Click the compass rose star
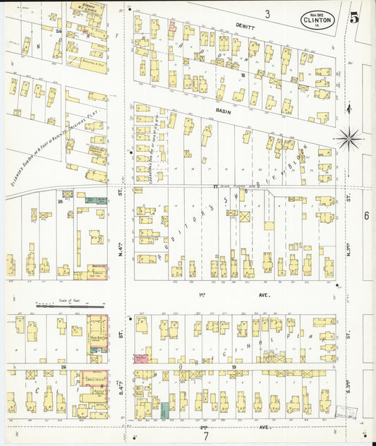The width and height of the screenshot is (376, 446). [x=348, y=138]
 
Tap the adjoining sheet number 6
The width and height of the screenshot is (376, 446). [x=366, y=215]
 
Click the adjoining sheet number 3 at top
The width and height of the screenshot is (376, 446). [x=267, y=13]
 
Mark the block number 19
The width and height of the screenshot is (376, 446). [x=233, y=368]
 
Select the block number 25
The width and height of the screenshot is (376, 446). [x=61, y=202]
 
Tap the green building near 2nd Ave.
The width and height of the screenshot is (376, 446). [x=164, y=410]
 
